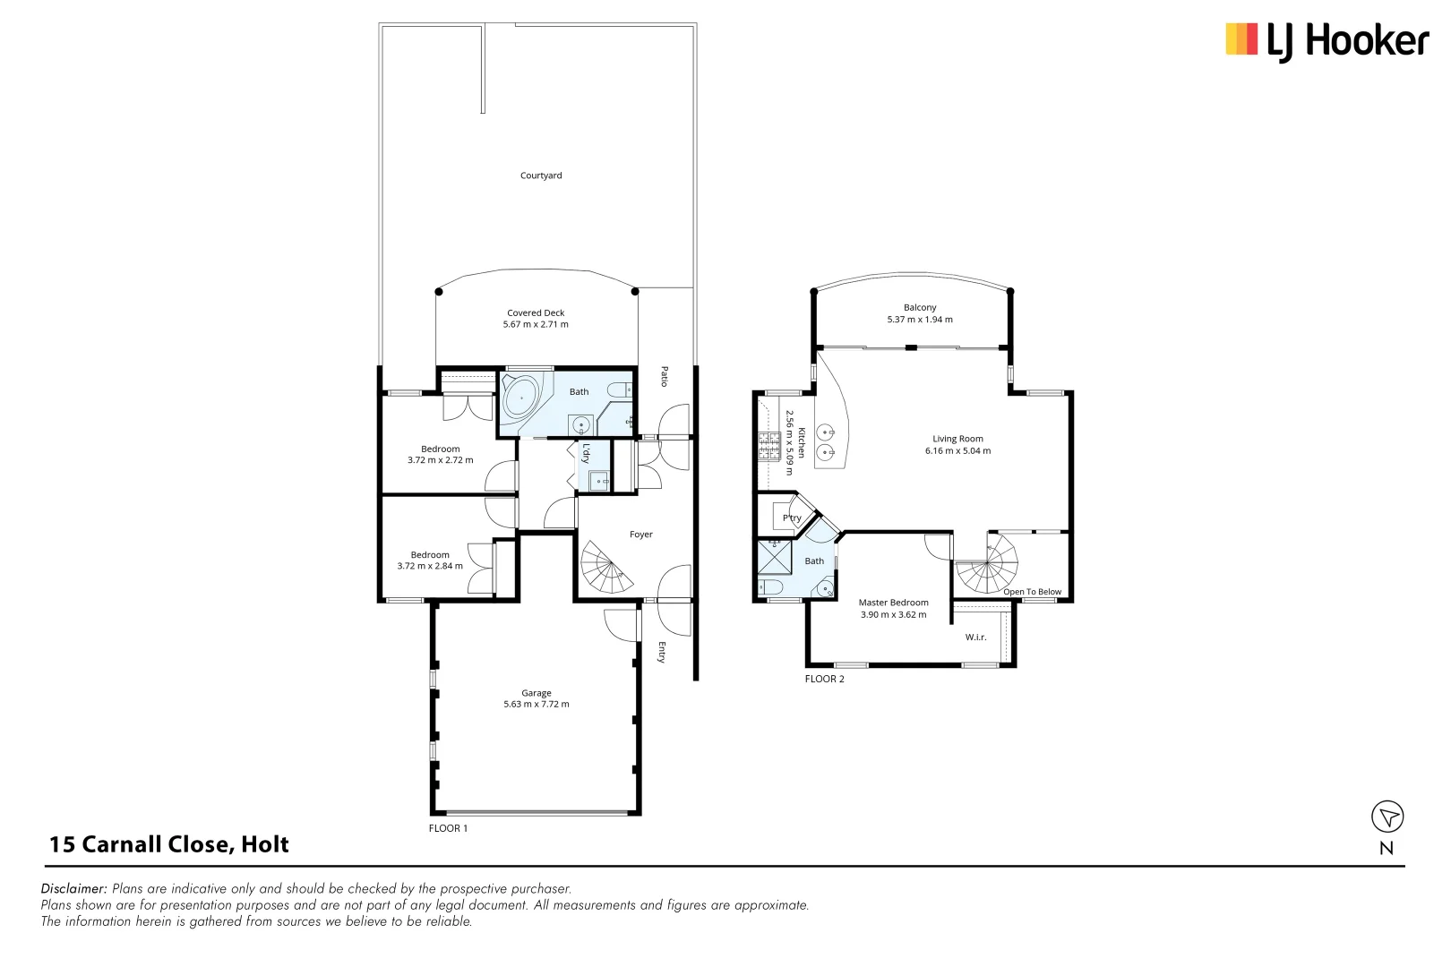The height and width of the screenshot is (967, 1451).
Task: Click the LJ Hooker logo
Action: pos(1326,41)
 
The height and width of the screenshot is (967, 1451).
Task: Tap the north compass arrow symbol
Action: pos(1387,817)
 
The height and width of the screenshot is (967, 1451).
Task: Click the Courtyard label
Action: pos(541,175)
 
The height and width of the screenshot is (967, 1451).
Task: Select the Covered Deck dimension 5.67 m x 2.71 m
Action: pos(536,325)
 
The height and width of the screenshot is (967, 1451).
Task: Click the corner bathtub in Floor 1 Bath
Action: pos(520,398)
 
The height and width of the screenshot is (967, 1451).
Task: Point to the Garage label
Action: pos(537,693)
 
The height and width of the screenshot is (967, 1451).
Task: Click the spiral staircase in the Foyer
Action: pos(605,569)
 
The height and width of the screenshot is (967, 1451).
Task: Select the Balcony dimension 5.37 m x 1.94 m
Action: pos(920,320)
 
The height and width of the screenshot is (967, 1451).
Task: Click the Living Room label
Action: pos(957,439)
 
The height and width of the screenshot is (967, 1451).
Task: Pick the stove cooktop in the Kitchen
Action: pos(769,445)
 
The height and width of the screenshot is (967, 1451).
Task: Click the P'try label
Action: pos(792,518)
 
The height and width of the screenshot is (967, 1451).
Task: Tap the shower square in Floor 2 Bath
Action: pos(775,557)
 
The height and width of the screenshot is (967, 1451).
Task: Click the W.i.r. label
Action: pos(975,638)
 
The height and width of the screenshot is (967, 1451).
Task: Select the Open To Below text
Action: pos(1032,592)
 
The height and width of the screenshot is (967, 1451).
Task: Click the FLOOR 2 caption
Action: pos(824,679)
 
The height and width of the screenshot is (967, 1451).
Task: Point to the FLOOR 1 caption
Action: pos(448,828)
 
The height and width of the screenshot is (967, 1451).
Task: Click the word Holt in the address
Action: pos(265,844)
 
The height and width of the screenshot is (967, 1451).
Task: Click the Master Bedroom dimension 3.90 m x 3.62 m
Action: pos(893,615)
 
